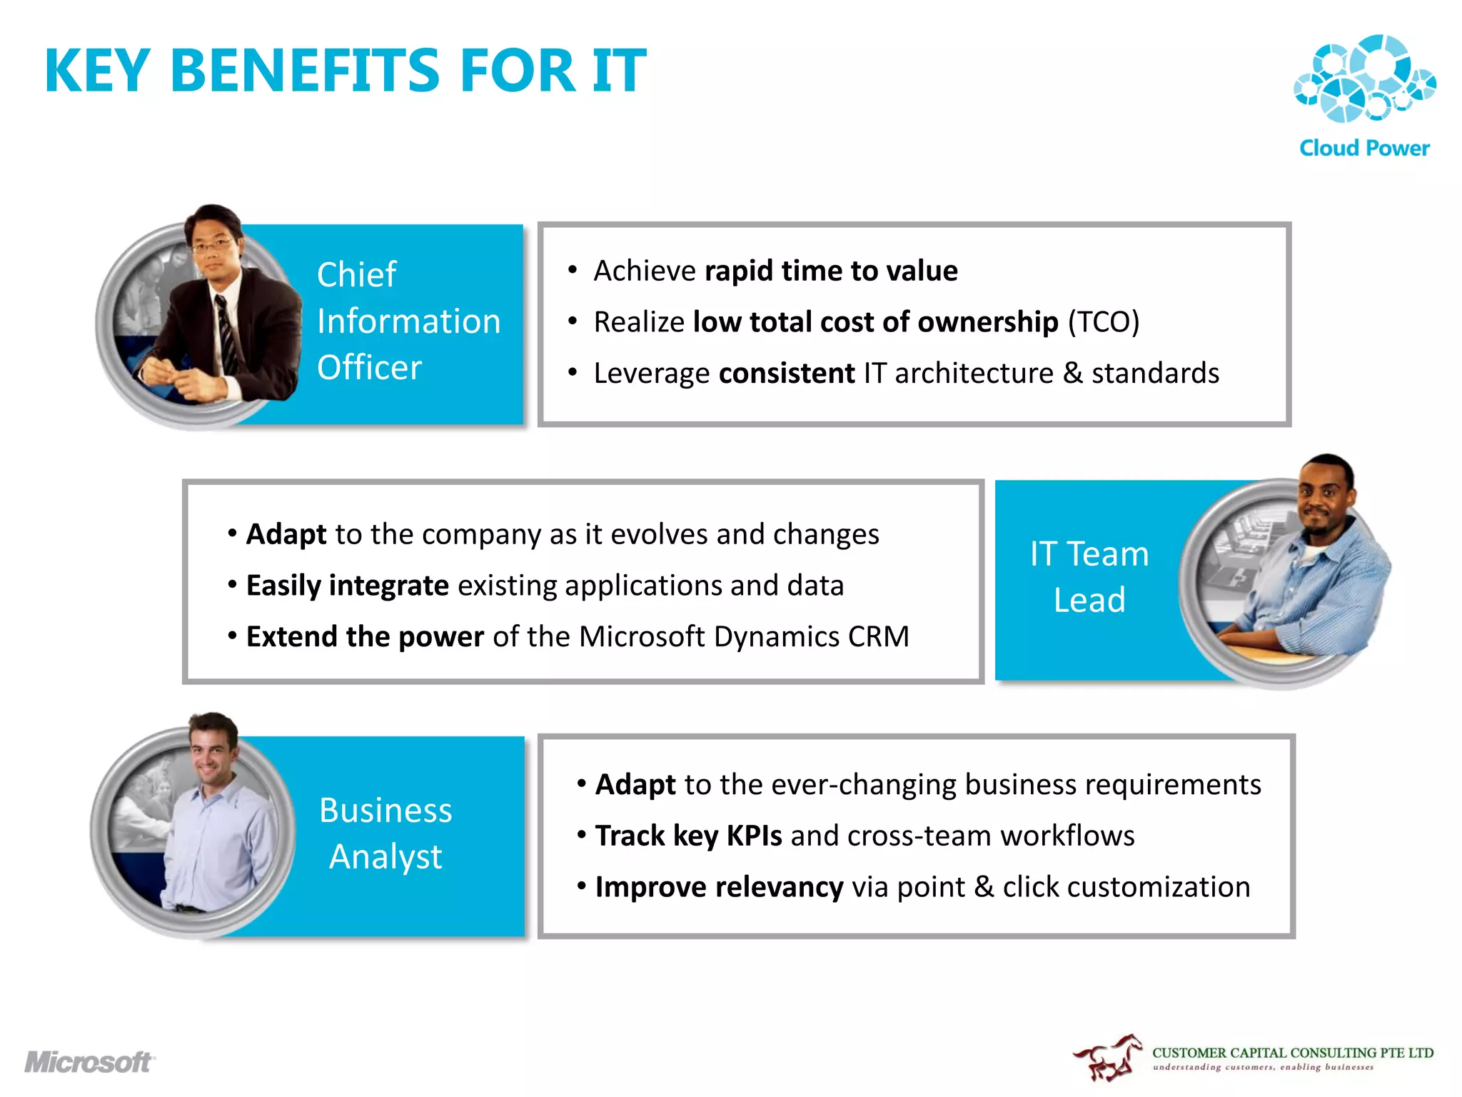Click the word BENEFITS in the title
click(306, 71)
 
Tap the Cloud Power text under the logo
click(1364, 148)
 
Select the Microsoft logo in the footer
click(89, 1062)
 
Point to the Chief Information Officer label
click(408, 321)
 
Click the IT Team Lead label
click(1089, 576)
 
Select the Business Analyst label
click(385, 833)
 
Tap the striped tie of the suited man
click(227, 336)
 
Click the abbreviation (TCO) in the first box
click(1103, 322)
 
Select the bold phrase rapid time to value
click(831, 271)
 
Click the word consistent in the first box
click(786, 374)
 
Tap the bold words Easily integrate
click(347, 586)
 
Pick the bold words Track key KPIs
click(688, 836)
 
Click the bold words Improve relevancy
click(719, 887)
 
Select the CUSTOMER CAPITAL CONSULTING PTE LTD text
click(1292, 1053)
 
